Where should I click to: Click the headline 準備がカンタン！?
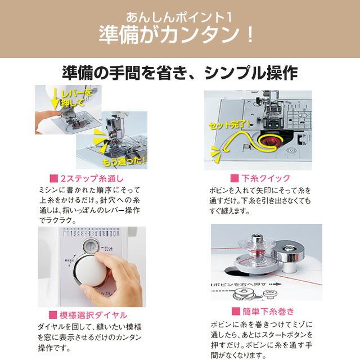pyautogui.click(x=180, y=35)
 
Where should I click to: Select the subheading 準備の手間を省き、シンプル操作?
pyautogui.click(x=180, y=74)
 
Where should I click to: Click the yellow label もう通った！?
pyautogui.click(x=125, y=161)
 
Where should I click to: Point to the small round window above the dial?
pyautogui.click(x=91, y=246)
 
